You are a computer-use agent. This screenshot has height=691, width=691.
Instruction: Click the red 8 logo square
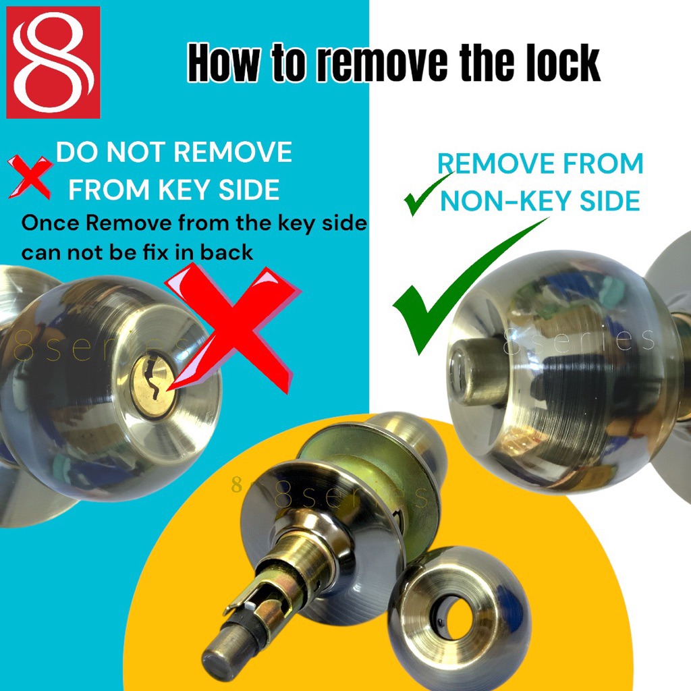point(53,63)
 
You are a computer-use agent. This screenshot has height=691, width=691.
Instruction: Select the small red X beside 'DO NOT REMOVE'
point(30,177)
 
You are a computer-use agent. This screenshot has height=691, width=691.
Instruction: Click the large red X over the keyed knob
point(233,329)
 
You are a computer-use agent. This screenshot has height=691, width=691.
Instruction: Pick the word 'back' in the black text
point(227,252)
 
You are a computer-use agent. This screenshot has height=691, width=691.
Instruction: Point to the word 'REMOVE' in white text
point(233,152)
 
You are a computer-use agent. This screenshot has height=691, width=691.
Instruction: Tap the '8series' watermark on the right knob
point(578,340)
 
